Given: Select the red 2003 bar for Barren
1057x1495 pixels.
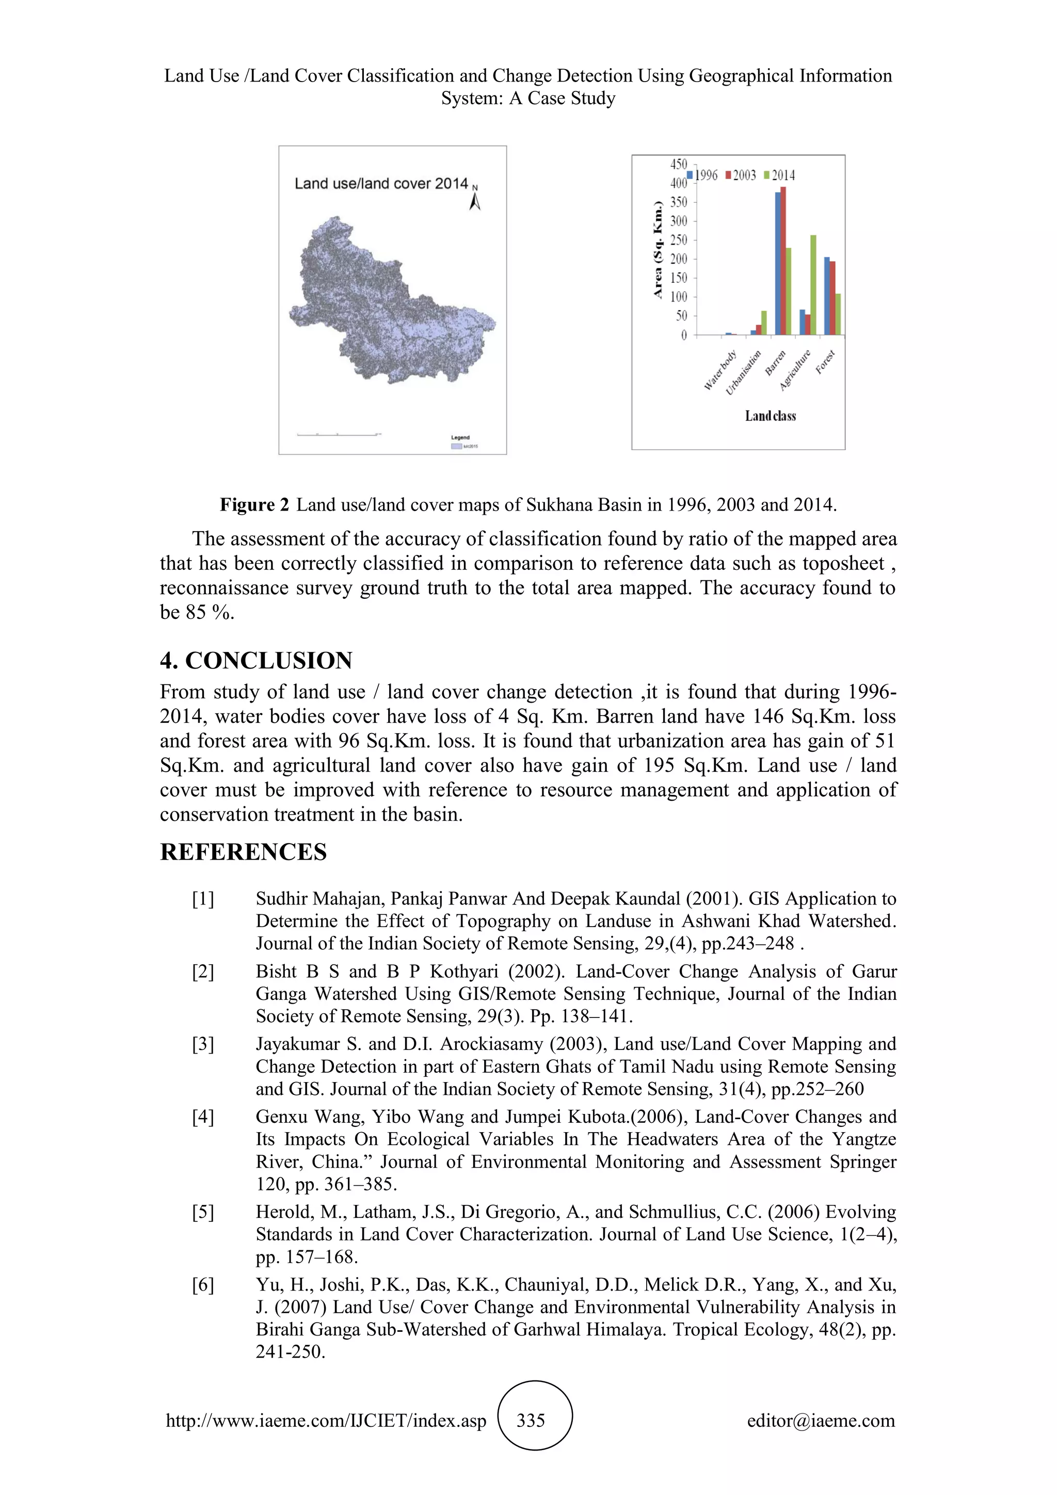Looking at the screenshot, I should tap(783, 261).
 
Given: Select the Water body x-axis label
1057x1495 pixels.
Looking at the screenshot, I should tap(720, 371).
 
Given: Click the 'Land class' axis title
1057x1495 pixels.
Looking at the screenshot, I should tap(771, 416).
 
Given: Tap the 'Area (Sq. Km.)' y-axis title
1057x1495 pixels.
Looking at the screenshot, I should tap(658, 251).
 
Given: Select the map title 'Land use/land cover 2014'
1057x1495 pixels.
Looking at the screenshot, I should tap(381, 184).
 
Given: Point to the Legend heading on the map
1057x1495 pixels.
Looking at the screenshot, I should tap(460, 438).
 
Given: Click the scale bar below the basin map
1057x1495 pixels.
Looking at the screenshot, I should tap(339, 434).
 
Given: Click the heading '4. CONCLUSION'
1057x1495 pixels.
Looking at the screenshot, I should tap(256, 660).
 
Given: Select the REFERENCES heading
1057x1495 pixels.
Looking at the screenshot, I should tap(244, 852).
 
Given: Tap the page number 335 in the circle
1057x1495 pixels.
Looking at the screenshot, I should tap(531, 1421).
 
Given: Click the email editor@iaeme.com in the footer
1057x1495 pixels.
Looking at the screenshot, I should tap(821, 1421).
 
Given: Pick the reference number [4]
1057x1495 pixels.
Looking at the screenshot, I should tap(202, 1117).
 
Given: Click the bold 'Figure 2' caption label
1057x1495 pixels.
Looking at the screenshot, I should tap(254, 505).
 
